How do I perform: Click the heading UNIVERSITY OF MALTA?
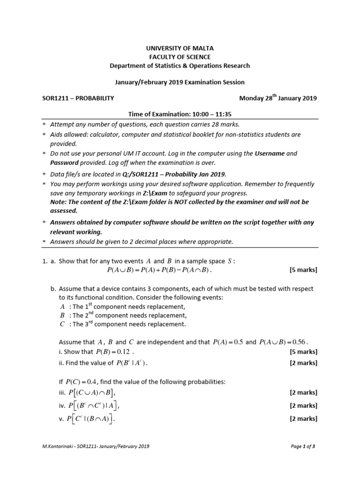(x=180, y=48)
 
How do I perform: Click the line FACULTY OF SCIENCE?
(x=180, y=57)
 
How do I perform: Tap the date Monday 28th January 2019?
(x=278, y=98)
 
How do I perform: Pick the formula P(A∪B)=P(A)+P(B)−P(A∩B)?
(x=159, y=270)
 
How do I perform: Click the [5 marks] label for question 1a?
(x=303, y=270)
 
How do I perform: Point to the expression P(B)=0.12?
(x=114, y=352)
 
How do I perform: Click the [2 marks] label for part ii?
(x=303, y=362)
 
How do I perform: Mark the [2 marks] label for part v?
(x=303, y=419)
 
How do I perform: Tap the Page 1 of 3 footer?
(x=303, y=447)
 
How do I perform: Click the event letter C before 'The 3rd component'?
(x=62, y=324)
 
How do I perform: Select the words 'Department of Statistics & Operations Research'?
(x=180, y=66)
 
